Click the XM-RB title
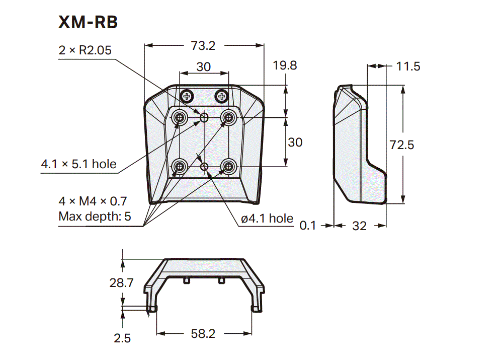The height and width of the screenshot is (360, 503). [x=88, y=22]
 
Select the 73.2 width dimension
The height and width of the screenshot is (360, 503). [x=203, y=46]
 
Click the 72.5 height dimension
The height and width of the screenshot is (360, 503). [x=402, y=145]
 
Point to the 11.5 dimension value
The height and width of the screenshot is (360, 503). [x=408, y=66]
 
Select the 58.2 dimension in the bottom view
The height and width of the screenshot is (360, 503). [x=203, y=333]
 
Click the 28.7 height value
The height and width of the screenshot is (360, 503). [x=121, y=283]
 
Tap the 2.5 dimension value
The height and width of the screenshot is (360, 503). [x=122, y=338]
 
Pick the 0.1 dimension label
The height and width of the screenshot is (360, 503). [x=308, y=226]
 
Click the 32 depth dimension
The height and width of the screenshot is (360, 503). [x=359, y=226]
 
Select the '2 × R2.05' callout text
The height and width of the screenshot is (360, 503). [x=85, y=50]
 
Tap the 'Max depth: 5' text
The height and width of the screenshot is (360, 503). [x=95, y=217]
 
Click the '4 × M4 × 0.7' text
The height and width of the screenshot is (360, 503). [x=93, y=201]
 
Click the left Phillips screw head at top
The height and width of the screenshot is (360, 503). [x=188, y=95]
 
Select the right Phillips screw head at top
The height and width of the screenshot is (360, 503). [x=221, y=95]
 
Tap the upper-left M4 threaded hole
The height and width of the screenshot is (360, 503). [x=180, y=118]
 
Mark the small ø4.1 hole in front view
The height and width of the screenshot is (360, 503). [x=204, y=166]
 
